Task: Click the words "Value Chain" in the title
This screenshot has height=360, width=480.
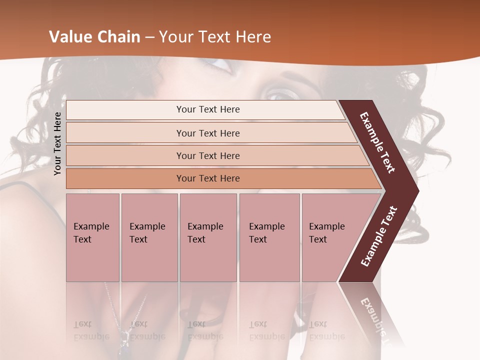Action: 94,37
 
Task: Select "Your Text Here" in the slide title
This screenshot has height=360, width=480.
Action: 215,37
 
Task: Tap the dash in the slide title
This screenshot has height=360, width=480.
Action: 149,37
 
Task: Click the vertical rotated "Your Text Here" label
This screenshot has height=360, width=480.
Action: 57,143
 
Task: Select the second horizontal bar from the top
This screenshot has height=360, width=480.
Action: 208,133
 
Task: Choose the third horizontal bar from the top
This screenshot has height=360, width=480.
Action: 208,155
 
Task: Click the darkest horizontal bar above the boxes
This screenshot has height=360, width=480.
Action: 208,178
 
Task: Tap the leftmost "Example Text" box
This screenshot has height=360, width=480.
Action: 92,237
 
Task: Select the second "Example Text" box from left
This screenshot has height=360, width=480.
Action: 149,237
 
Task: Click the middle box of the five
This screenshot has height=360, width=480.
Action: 208,237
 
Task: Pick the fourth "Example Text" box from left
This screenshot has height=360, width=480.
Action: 269,237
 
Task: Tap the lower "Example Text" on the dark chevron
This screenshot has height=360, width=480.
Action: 379,236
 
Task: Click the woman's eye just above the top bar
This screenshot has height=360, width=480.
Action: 278,92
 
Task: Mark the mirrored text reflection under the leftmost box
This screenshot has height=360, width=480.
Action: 91,330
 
